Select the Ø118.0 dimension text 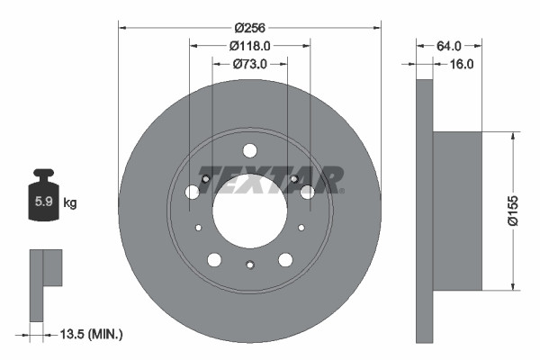coord(249,45)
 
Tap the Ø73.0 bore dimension coord(249,64)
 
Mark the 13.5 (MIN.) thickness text coord(89,335)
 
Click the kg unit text coord(70,203)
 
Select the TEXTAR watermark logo coord(271,178)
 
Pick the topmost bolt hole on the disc coord(250,149)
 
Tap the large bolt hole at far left coord(192,192)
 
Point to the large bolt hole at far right coord(308,192)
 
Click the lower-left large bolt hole coord(214,260)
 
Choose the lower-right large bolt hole coord(285,260)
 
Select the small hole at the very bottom coord(250,264)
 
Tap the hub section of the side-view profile coord(457,211)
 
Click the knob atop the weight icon coord(43,175)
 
